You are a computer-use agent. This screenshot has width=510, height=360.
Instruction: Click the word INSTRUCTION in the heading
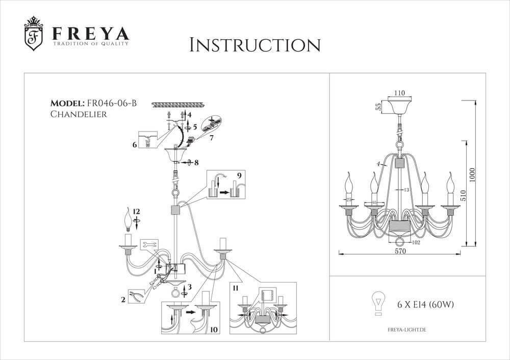[254, 45]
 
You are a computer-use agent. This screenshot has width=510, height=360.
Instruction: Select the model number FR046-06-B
[112, 103]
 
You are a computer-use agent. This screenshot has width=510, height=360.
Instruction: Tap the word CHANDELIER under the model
[79, 114]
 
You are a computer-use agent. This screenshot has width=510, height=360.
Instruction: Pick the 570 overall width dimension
[400, 251]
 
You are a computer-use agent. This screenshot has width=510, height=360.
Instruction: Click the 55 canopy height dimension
[378, 107]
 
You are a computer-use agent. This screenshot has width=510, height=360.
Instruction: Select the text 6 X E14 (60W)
[425, 305]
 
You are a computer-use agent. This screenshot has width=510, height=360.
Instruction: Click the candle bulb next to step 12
[128, 220]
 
